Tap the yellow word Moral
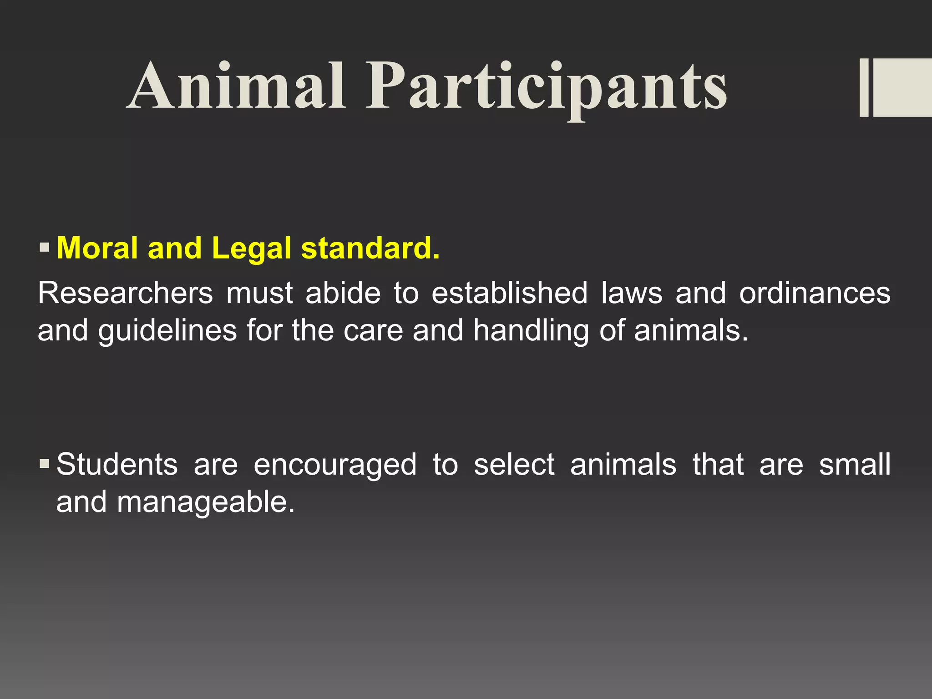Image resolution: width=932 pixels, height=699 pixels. pyautogui.click(x=97, y=248)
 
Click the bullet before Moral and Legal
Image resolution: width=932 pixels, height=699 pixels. pyautogui.click(x=44, y=248)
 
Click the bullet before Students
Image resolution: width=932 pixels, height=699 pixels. pyautogui.click(x=44, y=464)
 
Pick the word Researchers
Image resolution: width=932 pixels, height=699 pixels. pyautogui.click(x=125, y=293)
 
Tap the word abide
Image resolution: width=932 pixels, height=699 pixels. pyautogui.click(x=343, y=293)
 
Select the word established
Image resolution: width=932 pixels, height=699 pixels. pyautogui.click(x=509, y=293)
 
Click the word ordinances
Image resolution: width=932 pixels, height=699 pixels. pyautogui.click(x=814, y=293)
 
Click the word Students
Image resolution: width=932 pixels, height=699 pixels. pyautogui.click(x=117, y=465)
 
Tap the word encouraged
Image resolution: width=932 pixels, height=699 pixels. pyautogui.click(x=335, y=465)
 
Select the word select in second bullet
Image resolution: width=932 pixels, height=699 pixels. pyautogui.click(x=514, y=465)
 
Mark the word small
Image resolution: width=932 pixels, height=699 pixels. pyautogui.click(x=855, y=465)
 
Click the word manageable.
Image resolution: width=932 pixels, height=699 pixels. pyautogui.click(x=206, y=502)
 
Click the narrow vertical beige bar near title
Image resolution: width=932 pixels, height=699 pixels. pyautogui.click(x=864, y=88)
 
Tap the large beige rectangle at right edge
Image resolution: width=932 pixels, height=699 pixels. pyautogui.click(x=902, y=88)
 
